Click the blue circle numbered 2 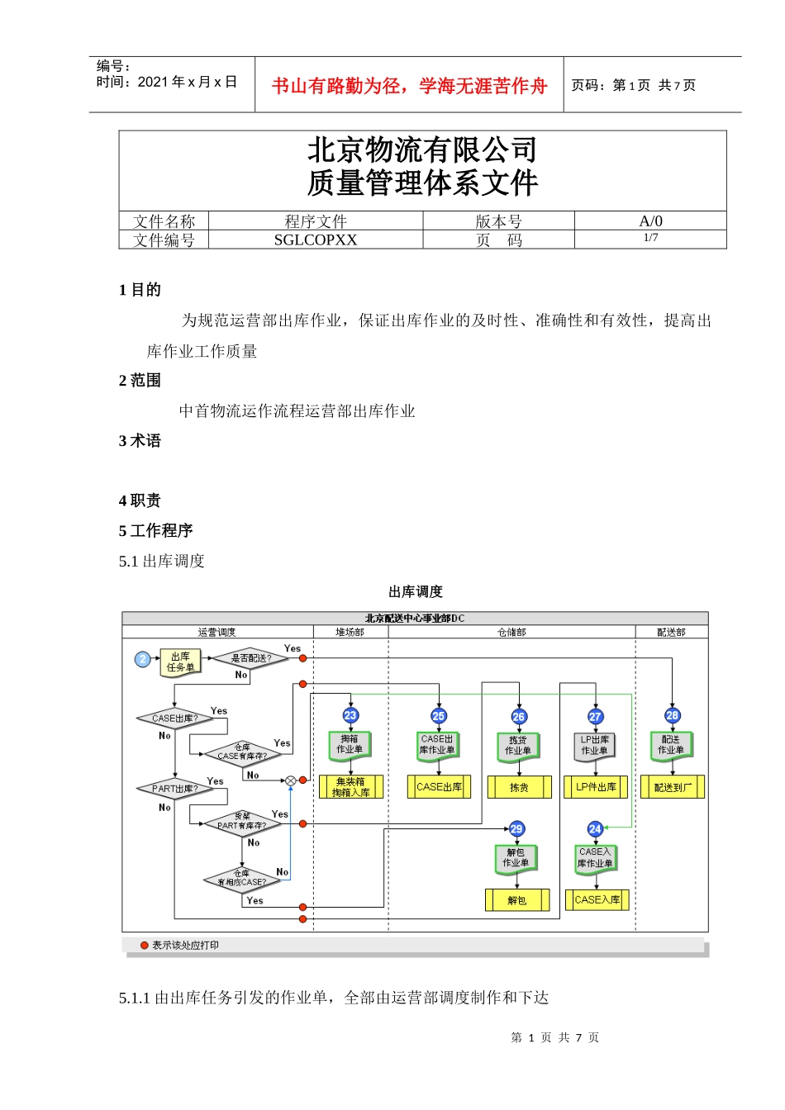coord(143,659)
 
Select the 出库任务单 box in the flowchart coord(180,662)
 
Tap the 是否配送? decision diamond coord(250,658)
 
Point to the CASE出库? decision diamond coord(174,719)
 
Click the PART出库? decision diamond coord(174,789)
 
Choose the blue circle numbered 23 coord(350,715)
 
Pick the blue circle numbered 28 coord(673,715)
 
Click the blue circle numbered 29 coord(516,828)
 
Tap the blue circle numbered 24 coord(595,828)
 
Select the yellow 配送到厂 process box coord(673,787)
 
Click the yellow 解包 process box coord(517,900)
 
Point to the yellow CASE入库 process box coord(597,899)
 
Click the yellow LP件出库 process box coord(596,787)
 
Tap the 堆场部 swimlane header coord(350,632)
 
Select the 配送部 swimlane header coord(671,632)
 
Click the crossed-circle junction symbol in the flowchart coord(291,780)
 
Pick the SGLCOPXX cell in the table coord(316,240)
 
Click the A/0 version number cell coord(650,221)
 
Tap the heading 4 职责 coord(140,500)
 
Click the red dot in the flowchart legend coord(145,945)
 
